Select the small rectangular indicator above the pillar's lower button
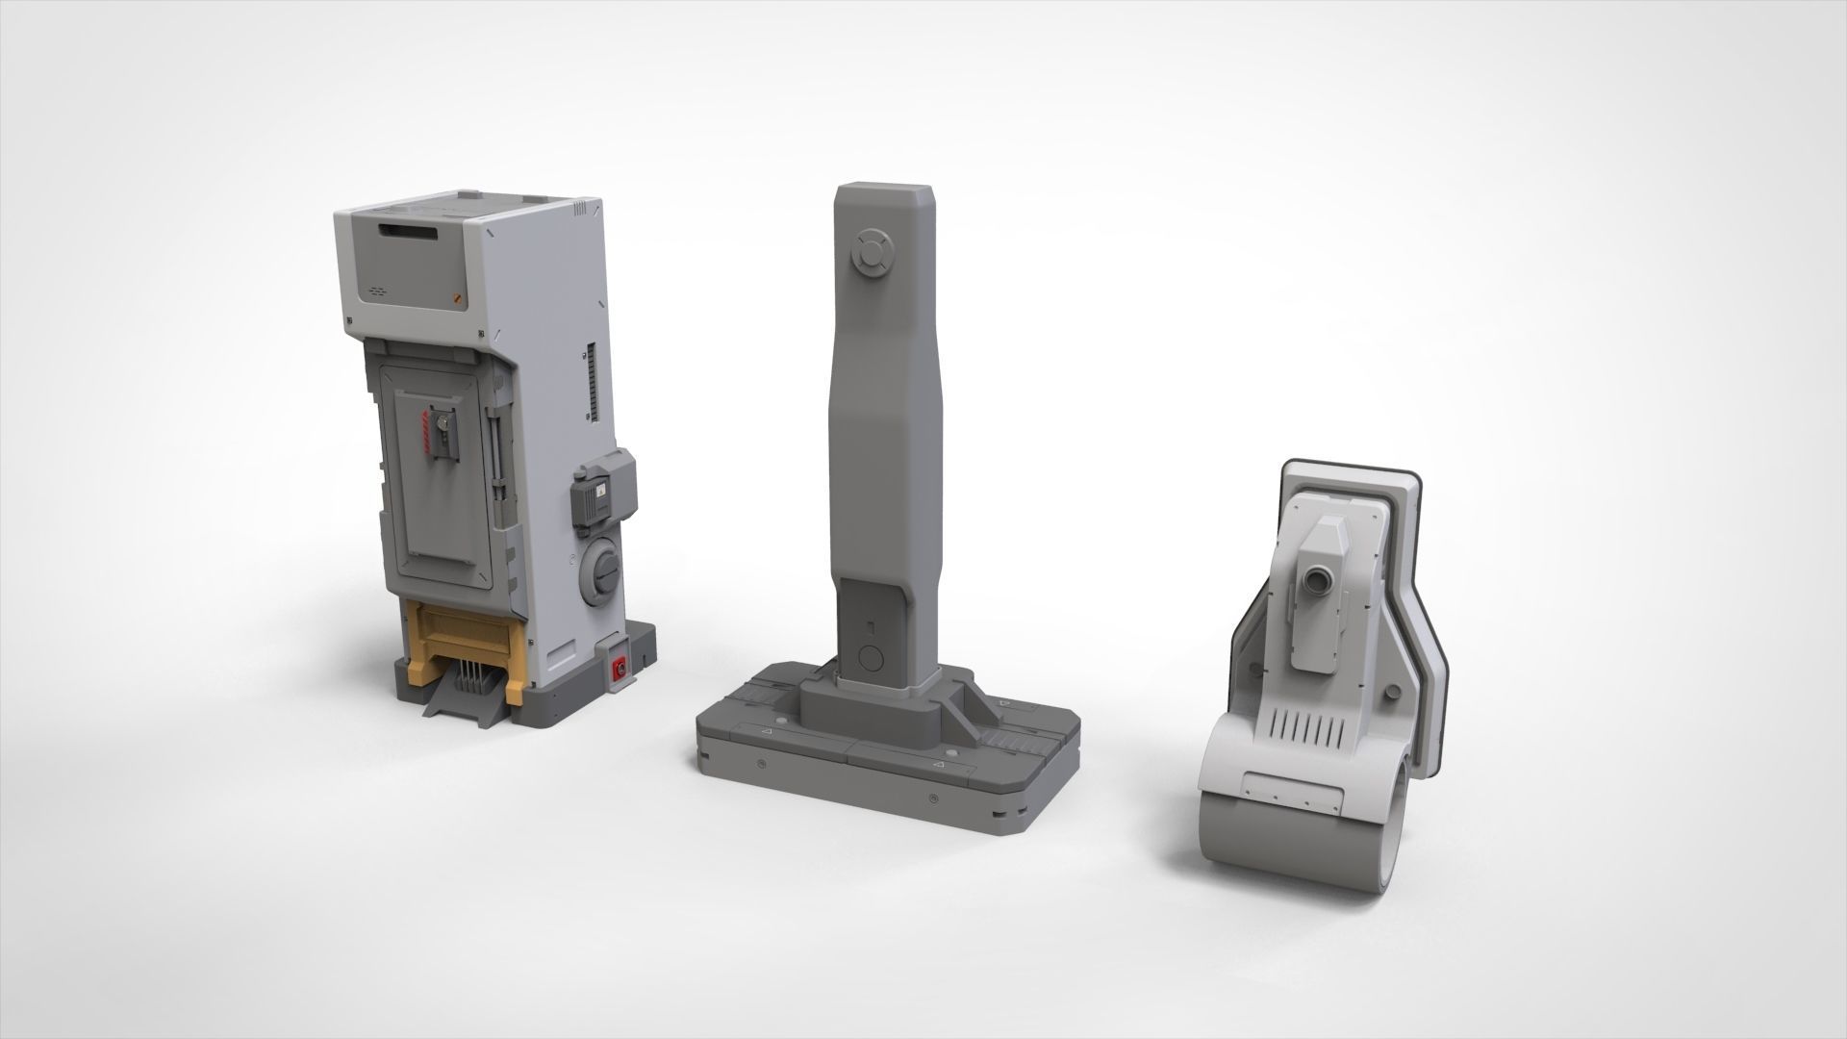[x=870, y=627]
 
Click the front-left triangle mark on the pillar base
[x=767, y=733]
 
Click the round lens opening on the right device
[x=1315, y=580]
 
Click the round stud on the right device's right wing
[x=1391, y=692]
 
